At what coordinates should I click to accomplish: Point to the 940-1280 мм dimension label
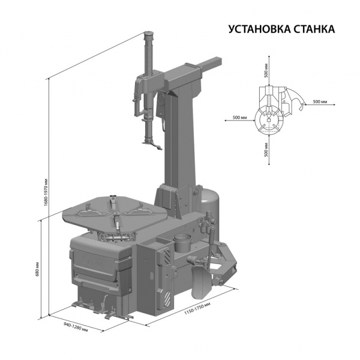[76, 328]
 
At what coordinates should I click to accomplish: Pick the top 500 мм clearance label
[266, 70]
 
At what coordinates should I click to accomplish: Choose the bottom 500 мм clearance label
[266, 149]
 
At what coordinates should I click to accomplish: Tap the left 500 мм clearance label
[240, 118]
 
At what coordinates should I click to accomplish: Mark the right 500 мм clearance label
[320, 101]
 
